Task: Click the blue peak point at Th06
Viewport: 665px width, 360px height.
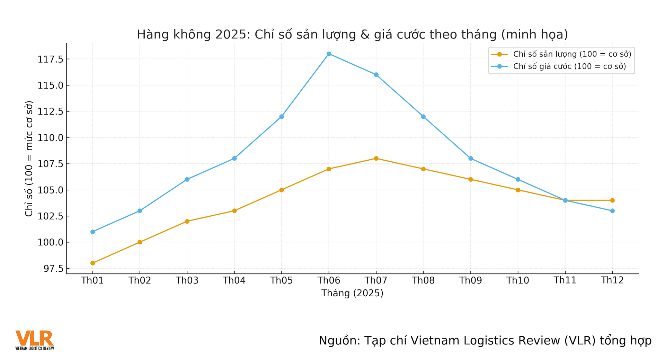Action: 329,54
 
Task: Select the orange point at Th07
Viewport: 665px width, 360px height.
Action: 376,159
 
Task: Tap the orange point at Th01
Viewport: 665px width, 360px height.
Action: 92,263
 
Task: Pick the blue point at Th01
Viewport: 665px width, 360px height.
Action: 92,232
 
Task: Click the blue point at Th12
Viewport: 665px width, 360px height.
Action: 612,211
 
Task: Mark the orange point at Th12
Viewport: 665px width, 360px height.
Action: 612,200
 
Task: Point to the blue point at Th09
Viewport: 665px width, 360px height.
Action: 471,159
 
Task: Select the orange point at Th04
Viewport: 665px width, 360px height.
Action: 234,211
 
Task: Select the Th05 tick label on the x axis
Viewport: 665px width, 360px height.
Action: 282,280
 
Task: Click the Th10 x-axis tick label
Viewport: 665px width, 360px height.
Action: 518,280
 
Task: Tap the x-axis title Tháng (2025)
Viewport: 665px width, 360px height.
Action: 352,293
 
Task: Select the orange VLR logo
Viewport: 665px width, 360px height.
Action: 34,340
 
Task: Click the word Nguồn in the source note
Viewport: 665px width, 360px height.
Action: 337,341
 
